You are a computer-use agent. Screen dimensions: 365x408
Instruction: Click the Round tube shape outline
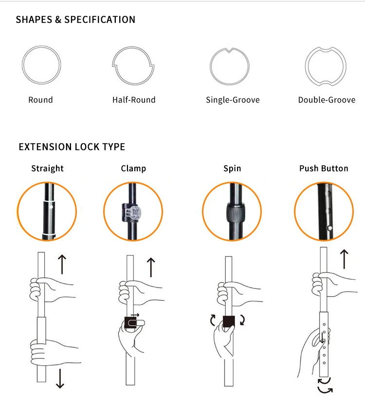(x=41, y=65)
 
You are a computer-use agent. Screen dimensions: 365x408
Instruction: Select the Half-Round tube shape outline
(x=133, y=65)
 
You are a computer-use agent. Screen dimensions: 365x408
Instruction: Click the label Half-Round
(x=134, y=100)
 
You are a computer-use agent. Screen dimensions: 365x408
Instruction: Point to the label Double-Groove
(x=327, y=100)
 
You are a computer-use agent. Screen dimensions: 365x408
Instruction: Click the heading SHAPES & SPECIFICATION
(x=75, y=20)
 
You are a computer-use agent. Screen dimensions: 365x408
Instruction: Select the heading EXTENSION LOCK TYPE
(x=72, y=147)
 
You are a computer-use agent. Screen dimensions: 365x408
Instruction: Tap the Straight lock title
(x=47, y=169)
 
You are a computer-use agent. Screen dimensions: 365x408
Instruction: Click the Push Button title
(x=324, y=169)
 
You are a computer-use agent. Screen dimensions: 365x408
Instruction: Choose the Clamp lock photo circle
(x=133, y=211)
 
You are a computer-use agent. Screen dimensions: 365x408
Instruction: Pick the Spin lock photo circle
(x=232, y=211)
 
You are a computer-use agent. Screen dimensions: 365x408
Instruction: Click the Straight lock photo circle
(x=47, y=211)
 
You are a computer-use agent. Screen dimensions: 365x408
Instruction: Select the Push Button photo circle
(x=324, y=211)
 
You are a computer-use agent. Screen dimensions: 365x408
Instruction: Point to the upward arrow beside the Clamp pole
(x=151, y=267)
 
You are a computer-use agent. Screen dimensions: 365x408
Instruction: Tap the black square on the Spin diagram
(x=229, y=321)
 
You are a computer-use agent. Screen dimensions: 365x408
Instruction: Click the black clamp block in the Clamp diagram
(x=130, y=323)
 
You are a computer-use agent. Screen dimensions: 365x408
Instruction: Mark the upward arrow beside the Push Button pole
(x=344, y=259)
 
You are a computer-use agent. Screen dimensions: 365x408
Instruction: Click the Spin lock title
(x=232, y=169)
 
